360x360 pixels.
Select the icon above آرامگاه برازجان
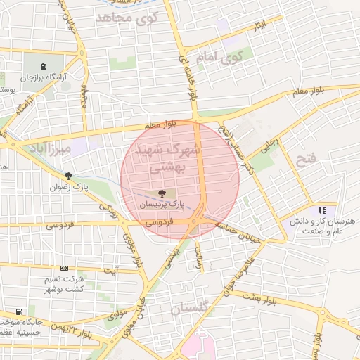coord(46,67)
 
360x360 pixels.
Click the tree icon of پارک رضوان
coord(68,176)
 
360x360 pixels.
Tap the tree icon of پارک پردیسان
coord(162,193)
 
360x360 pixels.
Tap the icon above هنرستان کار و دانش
coord(322,210)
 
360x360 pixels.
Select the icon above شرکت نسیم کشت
coord(65,268)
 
